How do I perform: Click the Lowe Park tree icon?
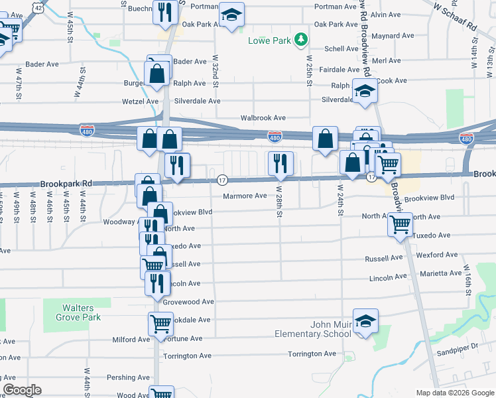tap(302, 40)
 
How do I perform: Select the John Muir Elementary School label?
tap(313, 329)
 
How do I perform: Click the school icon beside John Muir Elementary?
tap(365, 322)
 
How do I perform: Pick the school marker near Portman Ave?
tap(231, 15)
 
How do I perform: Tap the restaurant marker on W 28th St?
tap(280, 163)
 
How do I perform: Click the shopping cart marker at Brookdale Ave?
tap(160, 324)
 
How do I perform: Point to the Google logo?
tap(22, 390)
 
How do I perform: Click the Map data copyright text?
tap(454, 393)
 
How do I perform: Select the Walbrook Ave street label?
tap(263, 117)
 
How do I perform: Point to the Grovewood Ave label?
tap(189, 301)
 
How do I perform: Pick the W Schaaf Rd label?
tap(455, 15)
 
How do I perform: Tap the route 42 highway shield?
tap(40, 8)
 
